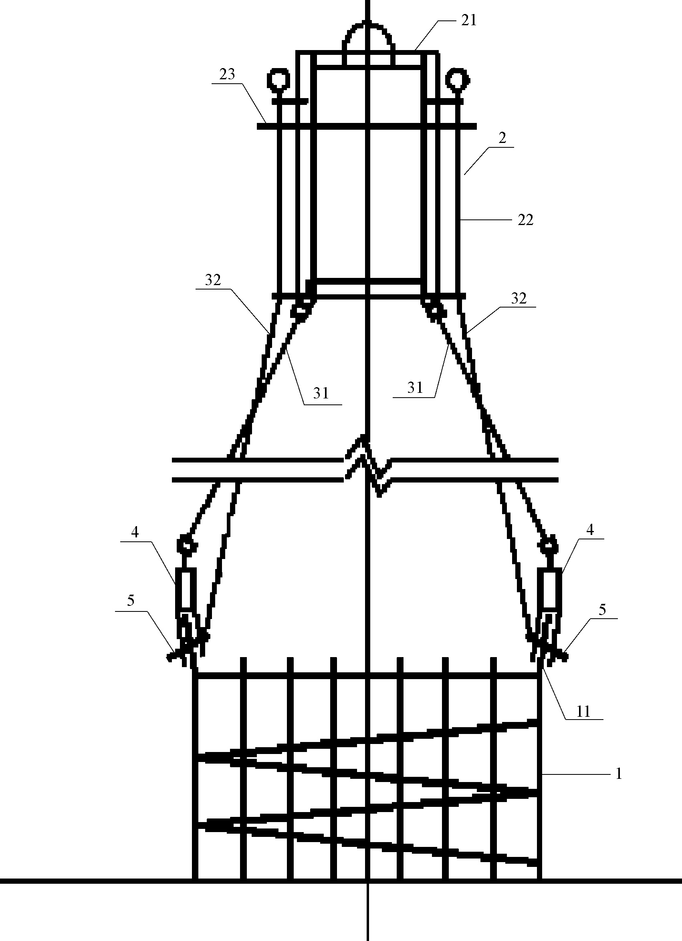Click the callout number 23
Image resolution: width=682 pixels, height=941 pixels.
227,74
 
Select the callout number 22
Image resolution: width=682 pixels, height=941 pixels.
525,220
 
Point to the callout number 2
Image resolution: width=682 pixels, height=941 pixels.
502,138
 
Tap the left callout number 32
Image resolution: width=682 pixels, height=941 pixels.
212,280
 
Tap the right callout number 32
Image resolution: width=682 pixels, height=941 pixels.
519,298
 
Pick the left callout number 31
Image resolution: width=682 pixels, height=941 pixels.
321,393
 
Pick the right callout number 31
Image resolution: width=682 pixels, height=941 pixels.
415,388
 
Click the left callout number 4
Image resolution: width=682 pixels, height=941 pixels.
135,532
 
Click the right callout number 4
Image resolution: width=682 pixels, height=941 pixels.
590,529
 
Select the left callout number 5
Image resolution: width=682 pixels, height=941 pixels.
131,600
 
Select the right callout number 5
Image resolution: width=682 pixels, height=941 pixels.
602,609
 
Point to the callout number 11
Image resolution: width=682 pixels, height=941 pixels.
583,712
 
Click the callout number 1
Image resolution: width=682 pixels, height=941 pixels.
619,773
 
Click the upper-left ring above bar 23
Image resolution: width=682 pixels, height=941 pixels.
278,79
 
